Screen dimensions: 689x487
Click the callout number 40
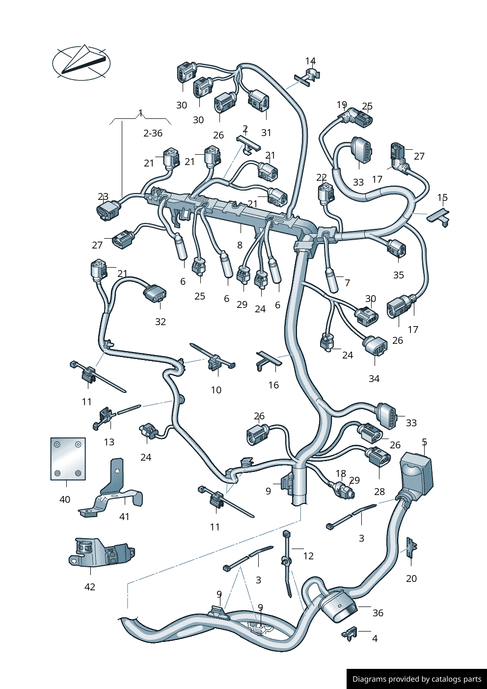tap(65, 499)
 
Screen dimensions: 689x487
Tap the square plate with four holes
tap(68, 459)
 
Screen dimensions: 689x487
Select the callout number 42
tap(90, 587)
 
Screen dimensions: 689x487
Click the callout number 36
tap(378, 613)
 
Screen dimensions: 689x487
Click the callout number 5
tap(425, 442)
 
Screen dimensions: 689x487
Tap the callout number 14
tap(310, 61)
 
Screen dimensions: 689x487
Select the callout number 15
tap(442, 197)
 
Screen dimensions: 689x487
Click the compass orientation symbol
tap(81, 63)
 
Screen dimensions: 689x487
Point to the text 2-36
tap(153, 133)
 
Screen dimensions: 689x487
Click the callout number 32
tap(161, 322)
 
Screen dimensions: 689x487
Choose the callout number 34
tap(374, 379)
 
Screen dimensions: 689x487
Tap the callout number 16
tap(273, 385)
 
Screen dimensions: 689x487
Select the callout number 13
tap(109, 442)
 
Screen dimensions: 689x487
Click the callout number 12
tap(308, 556)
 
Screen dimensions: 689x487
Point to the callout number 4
tap(375, 638)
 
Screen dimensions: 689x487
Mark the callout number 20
tap(411, 579)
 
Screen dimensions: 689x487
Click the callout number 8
tap(240, 245)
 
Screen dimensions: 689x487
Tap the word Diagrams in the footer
tap(369, 679)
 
